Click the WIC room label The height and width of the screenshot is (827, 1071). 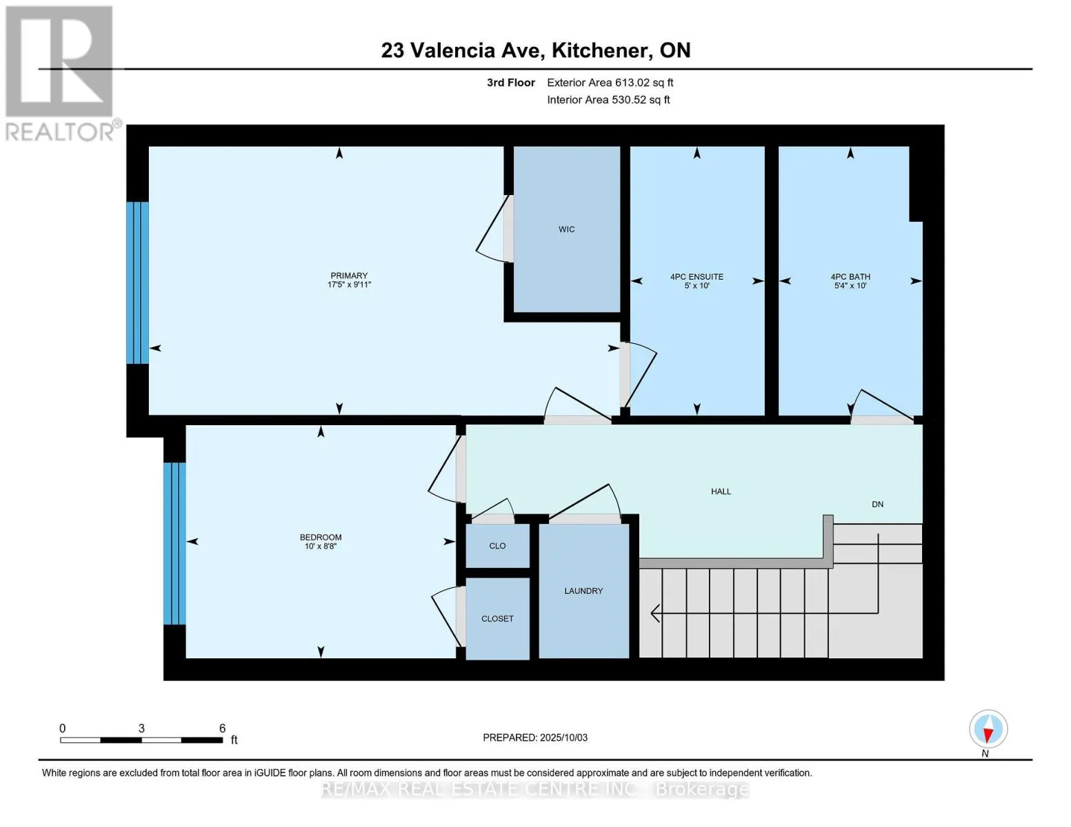(x=566, y=229)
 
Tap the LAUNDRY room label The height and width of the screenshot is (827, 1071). (x=583, y=591)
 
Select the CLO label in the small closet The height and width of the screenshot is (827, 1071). (x=497, y=546)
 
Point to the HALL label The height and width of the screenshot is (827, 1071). (x=721, y=491)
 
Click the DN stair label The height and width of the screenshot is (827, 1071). (x=877, y=504)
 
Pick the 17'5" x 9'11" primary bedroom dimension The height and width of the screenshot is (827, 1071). (x=349, y=284)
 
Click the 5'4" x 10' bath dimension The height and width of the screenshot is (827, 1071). (x=850, y=285)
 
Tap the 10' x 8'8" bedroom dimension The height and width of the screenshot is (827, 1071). (x=321, y=546)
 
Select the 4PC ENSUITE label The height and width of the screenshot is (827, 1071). (x=697, y=277)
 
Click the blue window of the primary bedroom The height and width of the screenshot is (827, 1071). (x=137, y=283)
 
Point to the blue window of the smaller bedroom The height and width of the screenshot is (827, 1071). (x=174, y=543)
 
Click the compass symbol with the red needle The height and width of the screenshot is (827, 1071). (x=988, y=729)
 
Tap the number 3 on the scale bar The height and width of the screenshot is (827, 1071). (x=141, y=728)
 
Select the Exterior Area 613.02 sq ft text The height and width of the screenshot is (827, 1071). (x=610, y=83)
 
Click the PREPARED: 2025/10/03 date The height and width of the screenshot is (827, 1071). (x=534, y=737)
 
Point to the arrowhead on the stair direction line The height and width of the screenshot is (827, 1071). (x=655, y=614)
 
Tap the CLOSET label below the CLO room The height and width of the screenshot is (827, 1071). (x=497, y=618)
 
